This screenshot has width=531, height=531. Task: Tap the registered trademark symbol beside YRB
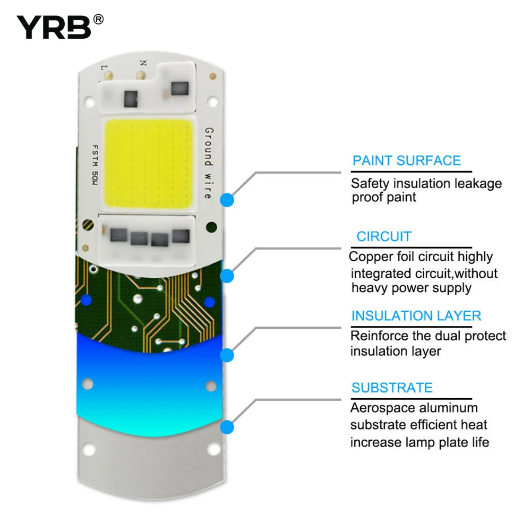coord(98,20)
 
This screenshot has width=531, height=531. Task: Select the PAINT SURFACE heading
coord(407,160)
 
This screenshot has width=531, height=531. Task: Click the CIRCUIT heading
coord(384,236)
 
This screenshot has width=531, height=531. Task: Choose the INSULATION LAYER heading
coord(416,315)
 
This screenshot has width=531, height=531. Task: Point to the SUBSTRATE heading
coord(392,388)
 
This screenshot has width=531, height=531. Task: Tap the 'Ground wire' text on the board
coord(209,163)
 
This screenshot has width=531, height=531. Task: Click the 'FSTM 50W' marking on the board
coord(95,165)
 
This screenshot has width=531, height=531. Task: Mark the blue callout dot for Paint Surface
coord(227,200)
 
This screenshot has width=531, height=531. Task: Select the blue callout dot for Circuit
coord(227,276)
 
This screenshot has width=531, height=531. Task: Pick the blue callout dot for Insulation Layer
coord(227,355)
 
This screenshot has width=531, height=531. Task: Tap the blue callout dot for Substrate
coord(227,427)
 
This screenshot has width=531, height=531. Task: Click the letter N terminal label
coord(143,63)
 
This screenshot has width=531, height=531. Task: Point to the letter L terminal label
coord(104,68)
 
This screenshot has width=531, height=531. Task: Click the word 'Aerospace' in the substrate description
coord(376,408)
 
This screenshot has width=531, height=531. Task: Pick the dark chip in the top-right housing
coord(179,89)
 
